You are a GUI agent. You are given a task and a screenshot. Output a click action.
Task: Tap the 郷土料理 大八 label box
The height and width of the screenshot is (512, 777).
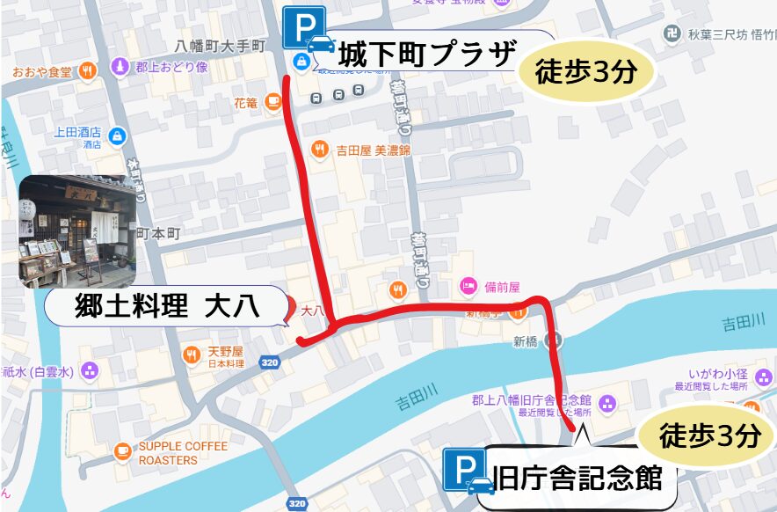164,307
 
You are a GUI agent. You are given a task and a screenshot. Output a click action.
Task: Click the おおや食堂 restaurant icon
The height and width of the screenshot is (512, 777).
87,71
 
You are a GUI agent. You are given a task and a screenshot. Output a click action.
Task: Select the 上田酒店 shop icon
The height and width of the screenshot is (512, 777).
118,135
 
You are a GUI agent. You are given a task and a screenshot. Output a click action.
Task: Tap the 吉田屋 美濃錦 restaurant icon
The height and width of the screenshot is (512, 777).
321,150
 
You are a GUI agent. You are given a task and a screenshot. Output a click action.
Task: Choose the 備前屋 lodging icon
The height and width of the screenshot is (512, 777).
468,286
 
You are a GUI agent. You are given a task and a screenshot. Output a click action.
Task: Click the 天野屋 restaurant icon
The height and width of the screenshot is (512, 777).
191,355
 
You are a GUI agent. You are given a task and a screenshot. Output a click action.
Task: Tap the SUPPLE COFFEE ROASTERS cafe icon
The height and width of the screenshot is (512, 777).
123,453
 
